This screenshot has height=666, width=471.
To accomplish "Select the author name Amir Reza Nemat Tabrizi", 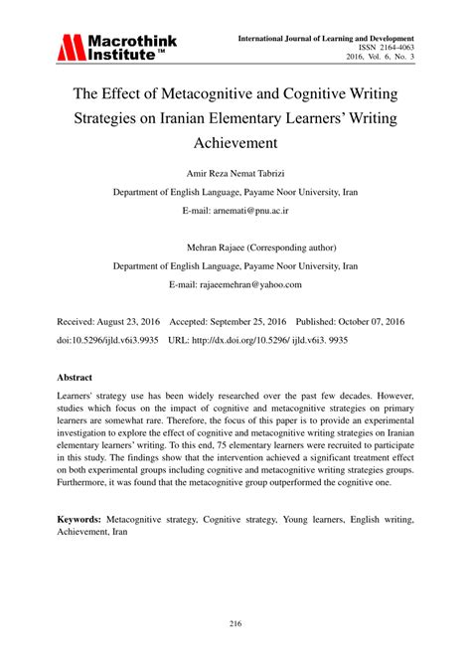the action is tap(235, 172).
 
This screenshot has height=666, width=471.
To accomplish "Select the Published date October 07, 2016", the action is tap(379, 323).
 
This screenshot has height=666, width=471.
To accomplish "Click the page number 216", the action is tap(235, 624).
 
